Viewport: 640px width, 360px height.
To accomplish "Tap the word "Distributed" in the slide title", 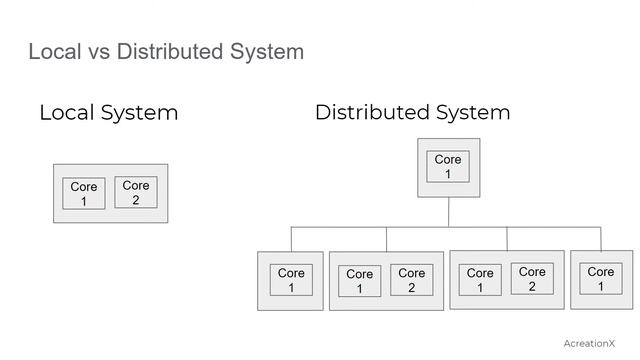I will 167,51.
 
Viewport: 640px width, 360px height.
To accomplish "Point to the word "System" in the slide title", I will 264,51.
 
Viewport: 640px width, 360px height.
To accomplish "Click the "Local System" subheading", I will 108,112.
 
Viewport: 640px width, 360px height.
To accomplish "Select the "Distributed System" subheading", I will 412,112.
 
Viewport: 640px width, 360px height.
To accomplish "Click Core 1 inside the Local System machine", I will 84,194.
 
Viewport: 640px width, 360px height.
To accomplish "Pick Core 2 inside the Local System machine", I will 136,192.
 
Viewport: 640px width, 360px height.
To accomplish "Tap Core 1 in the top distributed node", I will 448,167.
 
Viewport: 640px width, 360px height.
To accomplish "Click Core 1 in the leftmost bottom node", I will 291,280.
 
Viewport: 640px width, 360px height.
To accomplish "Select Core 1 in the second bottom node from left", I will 359,281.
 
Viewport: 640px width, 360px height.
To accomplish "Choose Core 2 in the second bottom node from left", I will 411,279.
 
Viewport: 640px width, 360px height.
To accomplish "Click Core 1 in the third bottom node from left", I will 480,280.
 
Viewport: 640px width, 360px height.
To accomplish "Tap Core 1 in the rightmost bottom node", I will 601,279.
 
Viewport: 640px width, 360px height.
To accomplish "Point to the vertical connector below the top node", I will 449,211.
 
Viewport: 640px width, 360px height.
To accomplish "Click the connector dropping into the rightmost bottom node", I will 601,239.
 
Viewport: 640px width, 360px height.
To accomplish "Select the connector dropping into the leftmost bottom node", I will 291,239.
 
